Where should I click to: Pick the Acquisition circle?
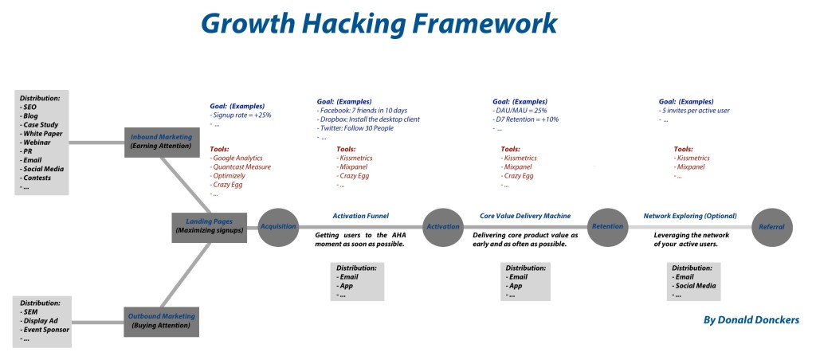pos(278,226)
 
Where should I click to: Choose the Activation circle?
pos(443,226)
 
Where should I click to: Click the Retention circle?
pos(607,226)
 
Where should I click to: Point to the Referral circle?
pos(771,226)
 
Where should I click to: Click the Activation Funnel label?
pos(359,215)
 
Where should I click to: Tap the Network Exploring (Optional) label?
pos(689,215)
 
